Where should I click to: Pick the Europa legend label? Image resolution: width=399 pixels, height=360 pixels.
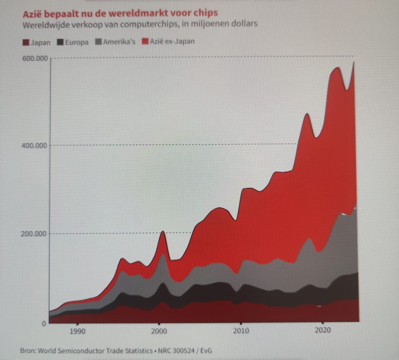[x=77, y=42]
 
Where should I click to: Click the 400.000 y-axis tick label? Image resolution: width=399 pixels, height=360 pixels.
[x=35, y=145]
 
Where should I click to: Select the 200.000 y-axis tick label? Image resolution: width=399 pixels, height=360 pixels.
[x=35, y=234]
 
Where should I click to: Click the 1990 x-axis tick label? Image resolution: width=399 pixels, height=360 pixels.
[x=77, y=331]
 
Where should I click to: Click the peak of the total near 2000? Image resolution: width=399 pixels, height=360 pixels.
[x=162, y=232]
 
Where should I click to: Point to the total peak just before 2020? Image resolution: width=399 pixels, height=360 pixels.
[x=307, y=114]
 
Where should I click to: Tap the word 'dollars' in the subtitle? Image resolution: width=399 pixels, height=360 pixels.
[x=245, y=25]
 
